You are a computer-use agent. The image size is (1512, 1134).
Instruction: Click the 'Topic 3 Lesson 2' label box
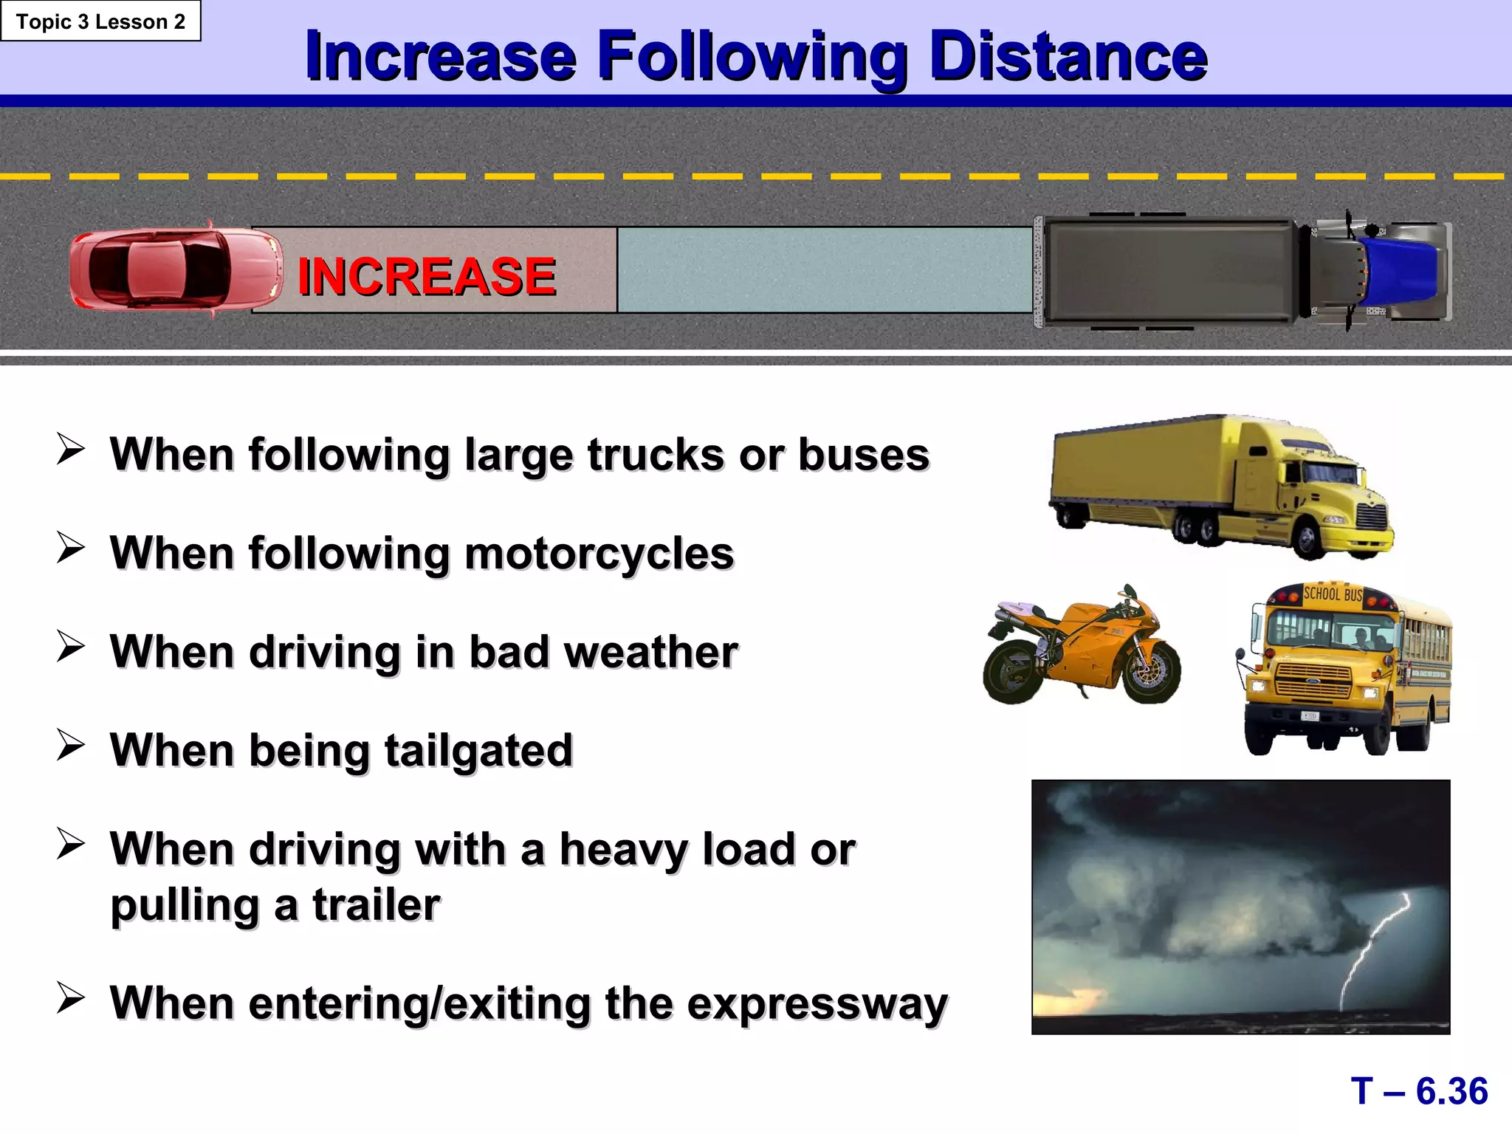pyautogui.click(x=100, y=21)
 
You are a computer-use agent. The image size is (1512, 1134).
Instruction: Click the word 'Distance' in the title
pyautogui.click(x=1068, y=56)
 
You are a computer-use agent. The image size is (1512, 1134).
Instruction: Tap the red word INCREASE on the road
pyautogui.click(x=427, y=276)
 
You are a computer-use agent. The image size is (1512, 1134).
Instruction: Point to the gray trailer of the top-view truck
pyautogui.click(x=1170, y=270)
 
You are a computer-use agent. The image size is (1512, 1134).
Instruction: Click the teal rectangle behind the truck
pyautogui.click(x=824, y=269)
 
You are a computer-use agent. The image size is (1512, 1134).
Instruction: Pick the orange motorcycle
pyautogui.click(x=1082, y=646)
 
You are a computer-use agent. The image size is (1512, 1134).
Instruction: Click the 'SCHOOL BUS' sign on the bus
pyautogui.click(x=1332, y=594)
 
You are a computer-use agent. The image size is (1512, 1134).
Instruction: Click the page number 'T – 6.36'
pyautogui.click(x=1419, y=1091)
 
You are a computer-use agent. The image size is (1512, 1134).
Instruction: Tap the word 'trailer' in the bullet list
pyautogui.click(x=376, y=905)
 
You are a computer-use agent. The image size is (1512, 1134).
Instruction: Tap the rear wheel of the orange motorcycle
pyautogui.click(x=1013, y=674)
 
